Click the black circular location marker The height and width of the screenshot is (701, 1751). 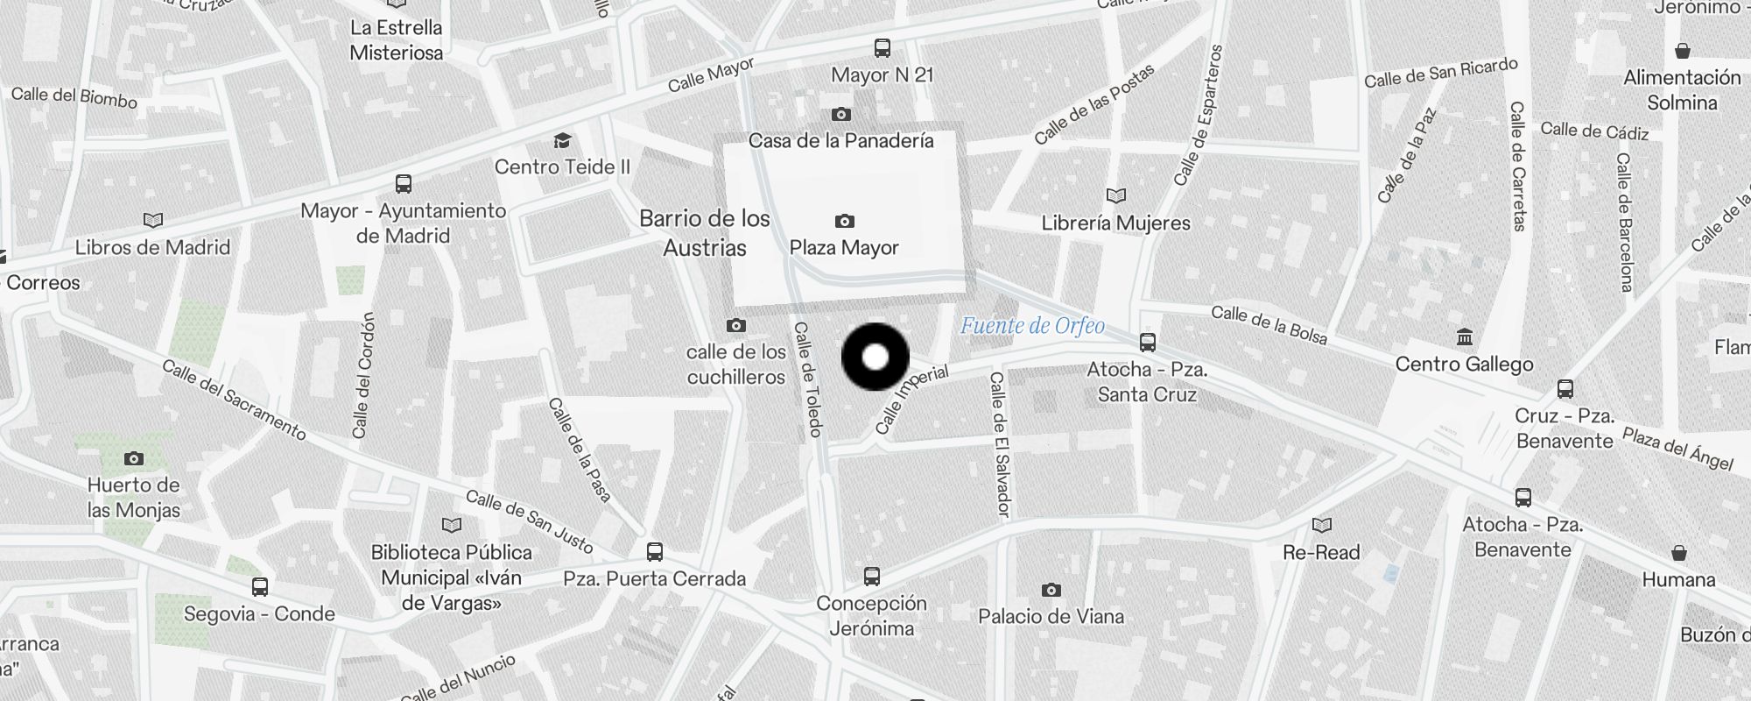click(x=875, y=357)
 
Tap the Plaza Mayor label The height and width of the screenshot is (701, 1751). click(x=844, y=248)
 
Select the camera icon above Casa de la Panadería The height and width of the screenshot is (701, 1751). click(x=840, y=115)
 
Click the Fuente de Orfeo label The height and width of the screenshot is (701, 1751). click(x=1032, y=326)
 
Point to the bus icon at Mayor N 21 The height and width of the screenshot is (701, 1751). click(x=883, y=48)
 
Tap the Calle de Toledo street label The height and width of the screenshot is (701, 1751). click(x=807, y=379)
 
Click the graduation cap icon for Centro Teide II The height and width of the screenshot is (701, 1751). click(x=562, y=141)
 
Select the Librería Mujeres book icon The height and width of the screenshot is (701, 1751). click(x=1115, y=195)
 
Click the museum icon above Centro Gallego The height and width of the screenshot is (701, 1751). click(x=1464, y=336)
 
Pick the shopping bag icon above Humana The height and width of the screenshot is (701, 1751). click(x=1678, y=553)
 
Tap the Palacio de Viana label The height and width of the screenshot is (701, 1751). click(x=1051, y=617)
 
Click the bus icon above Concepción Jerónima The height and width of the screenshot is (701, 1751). click(x=871, y=576)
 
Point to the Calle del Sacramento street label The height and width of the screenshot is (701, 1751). click(x=234, y=400)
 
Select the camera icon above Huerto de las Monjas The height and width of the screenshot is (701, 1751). click(x=133, y=458)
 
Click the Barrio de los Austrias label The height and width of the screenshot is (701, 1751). click(x=705, y=233)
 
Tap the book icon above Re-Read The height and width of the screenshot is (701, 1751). click(x=1321, y=525)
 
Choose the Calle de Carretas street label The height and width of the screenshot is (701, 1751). click(x=1517, y=166)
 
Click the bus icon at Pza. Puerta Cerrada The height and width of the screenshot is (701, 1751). click(x=654, y=552)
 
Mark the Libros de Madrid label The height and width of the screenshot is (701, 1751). click(x=152, y=248)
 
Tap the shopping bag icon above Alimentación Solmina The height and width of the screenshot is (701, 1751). click(x=1681, y=51)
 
